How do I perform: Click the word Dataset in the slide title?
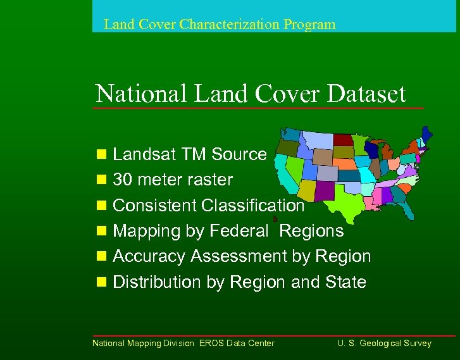click(367, 94)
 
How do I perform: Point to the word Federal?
click(240, 231)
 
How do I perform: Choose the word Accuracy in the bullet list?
click(149, 256)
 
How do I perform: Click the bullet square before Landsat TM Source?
click(101, 154)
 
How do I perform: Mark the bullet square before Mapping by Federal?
click(101, 231)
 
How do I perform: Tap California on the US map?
click(286, 173)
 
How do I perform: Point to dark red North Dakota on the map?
click(344, 140)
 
